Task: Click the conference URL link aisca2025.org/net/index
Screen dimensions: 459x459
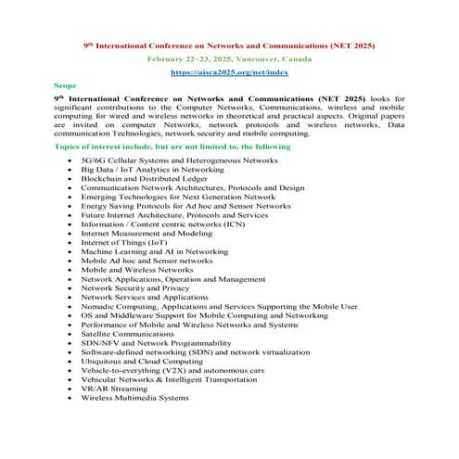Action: (x=228, y=71)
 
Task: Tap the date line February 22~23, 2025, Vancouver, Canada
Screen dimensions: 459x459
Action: (x=228, y=57)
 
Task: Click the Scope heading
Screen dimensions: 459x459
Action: (x=66, y=84)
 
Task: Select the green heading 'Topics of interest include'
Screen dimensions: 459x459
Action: (x=172, y=147)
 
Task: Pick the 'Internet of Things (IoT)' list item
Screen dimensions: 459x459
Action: (x=131, y=242)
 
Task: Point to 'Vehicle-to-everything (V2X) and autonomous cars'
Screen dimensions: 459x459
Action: (x=185, y=370)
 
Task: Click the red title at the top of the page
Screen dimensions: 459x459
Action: (x=228, y=44)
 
